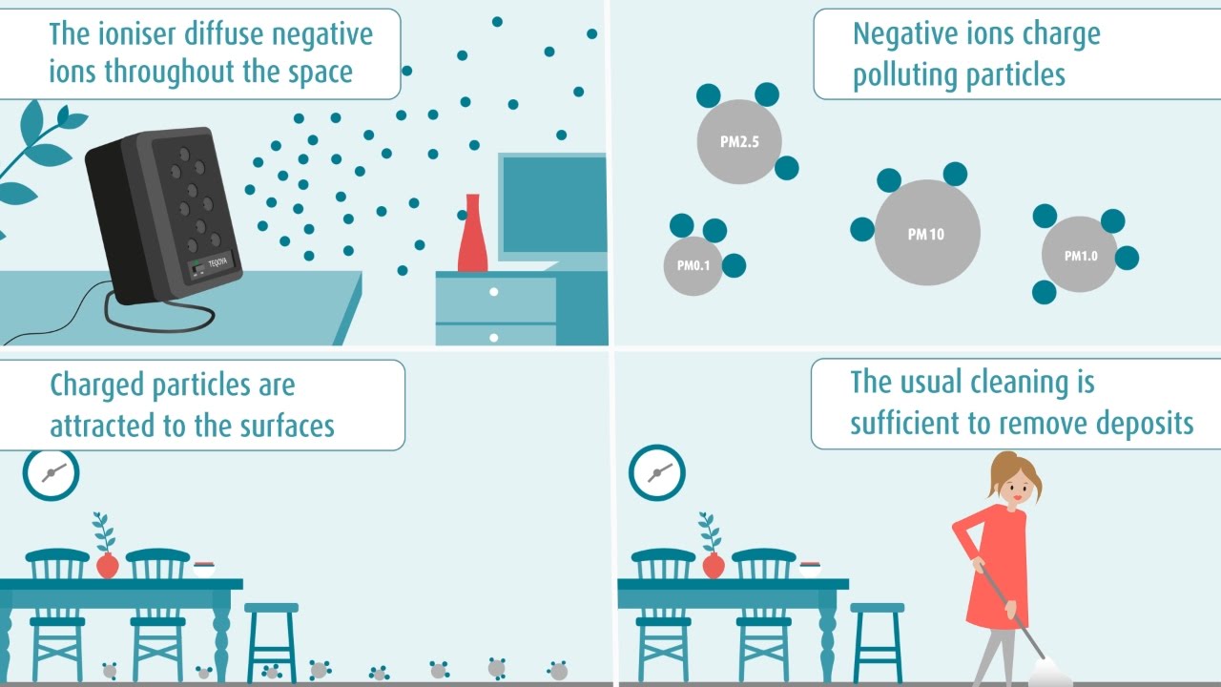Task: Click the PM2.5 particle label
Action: point(738,142)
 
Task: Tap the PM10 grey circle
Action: point(926,233)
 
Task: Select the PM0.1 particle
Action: point(693,265)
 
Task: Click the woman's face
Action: point(1015,490)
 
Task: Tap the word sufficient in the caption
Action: point(908,423)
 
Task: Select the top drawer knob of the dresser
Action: point(493,292)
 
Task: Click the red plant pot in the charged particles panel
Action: point(107,566)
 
